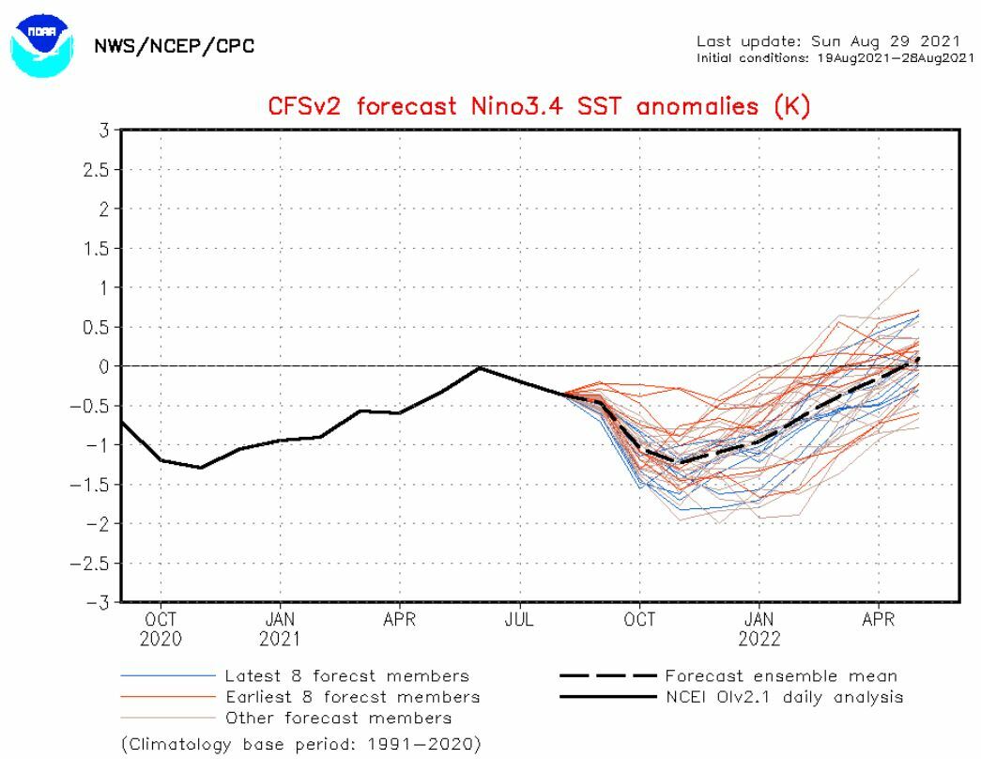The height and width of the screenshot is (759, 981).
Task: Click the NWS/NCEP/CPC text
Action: (x=175, y=46)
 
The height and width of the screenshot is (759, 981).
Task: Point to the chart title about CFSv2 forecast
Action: (x=539, y=106)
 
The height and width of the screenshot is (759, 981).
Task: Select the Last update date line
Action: (x=828, y=41)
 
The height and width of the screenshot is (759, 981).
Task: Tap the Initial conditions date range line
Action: (x=835, y=58)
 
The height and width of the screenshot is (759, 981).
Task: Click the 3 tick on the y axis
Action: (x=103, y=130)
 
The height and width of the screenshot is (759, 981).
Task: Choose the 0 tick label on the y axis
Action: (x=103, y=366)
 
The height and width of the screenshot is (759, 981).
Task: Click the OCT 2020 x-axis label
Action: (x=161, y=630)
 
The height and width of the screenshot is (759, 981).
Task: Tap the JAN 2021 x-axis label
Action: (x=280, y=630)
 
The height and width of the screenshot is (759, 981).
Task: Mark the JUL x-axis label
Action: (x=519, y=621)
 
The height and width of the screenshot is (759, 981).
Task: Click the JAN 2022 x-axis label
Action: (x=759, y=630)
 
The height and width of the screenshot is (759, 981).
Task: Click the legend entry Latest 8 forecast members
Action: (x=346, y=676)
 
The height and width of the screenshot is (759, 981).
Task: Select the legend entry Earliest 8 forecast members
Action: (x=352, y=697)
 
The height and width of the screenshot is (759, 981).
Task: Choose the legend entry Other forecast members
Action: (x=338, y=718)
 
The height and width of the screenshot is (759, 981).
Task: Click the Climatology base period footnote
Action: (x=301, y=744)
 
